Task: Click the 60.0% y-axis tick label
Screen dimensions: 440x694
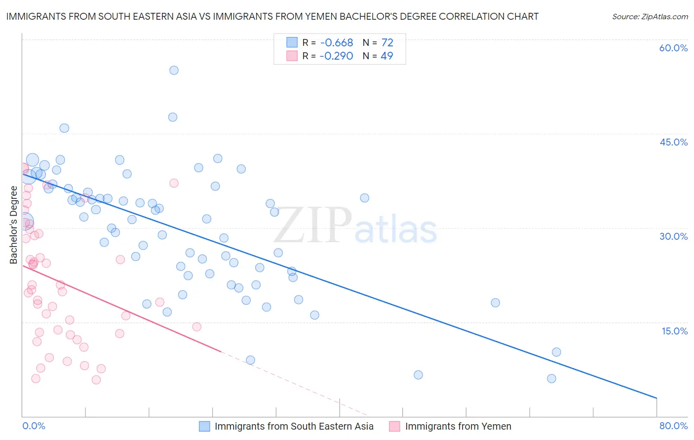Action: pyautogui.click(x=673, y=48)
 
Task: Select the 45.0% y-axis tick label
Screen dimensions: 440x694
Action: pyautogui.click(x=673, y=142)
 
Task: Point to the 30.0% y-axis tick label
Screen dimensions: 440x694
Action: pyautogui.click(x=673, y=236)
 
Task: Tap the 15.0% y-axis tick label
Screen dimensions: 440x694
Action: pyautogui.click(x=674, y=331)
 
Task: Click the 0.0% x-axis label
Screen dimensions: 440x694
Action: pyautogui.click(x=34, y=426)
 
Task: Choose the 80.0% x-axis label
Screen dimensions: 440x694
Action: pyautogui.click(x=673, y=426)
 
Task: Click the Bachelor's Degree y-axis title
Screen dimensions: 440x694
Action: pyautogui.click(x=13, y=225)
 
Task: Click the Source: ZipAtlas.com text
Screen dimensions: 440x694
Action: pyautogui.click(x=650, y=17)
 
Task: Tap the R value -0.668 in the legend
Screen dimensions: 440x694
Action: pyautogui.click(x=336, y=43)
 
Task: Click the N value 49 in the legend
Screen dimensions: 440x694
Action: pyautogui.click(x=386, y=56)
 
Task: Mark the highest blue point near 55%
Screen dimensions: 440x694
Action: pyautogui.click(x=174, y=70)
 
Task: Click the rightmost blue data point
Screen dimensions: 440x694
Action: pyautogui.click(x=556, y=352)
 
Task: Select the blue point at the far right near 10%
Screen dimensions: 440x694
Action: pyautogui.click(x=556, y=352)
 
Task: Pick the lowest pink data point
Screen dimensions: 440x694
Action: pyautogui.click(x=96, y=380)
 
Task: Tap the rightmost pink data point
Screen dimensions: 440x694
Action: pyautogui.click(x=196, y=327)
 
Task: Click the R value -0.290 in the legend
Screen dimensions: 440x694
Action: pyautogui.click(x=336, y=56)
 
